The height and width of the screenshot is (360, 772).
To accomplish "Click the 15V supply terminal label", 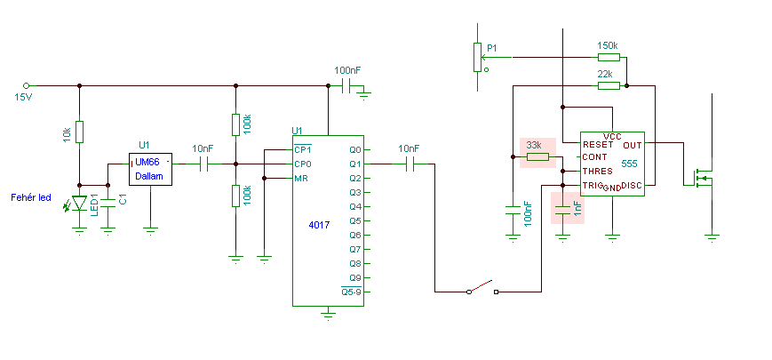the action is (x=23, y=97).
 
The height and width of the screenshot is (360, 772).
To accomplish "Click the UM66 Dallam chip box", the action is (x=151, y=169).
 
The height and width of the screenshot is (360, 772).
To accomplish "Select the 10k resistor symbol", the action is (x=79, y=132).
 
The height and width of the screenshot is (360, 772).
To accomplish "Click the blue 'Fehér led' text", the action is (x=31, y=197).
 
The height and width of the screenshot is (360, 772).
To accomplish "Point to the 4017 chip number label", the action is (x=319, y=225).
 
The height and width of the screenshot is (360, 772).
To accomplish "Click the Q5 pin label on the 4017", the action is (x=355, y=220).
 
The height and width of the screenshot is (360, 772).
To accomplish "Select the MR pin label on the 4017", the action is (x=301, y=178).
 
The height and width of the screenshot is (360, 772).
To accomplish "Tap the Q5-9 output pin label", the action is (x=352, y=292).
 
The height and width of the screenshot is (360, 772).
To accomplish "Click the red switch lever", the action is (x=481, y=285).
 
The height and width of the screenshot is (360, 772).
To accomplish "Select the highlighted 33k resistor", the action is (x=537, y=157).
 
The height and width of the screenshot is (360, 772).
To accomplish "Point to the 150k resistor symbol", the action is (x=609, y=57).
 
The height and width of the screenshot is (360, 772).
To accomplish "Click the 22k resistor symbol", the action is (x=609, y=85).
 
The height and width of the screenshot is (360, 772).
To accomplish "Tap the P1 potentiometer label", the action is (x=492, y=48).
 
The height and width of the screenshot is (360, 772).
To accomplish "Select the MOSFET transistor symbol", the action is (x=703, y=179).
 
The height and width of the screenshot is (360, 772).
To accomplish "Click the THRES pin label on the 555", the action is (x=597, y=171).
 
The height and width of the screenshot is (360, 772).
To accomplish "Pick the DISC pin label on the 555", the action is (x=631, y=185).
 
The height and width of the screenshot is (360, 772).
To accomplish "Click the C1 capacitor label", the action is (x=123, y=199).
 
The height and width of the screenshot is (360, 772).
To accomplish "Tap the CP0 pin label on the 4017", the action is (x=303, y=164).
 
